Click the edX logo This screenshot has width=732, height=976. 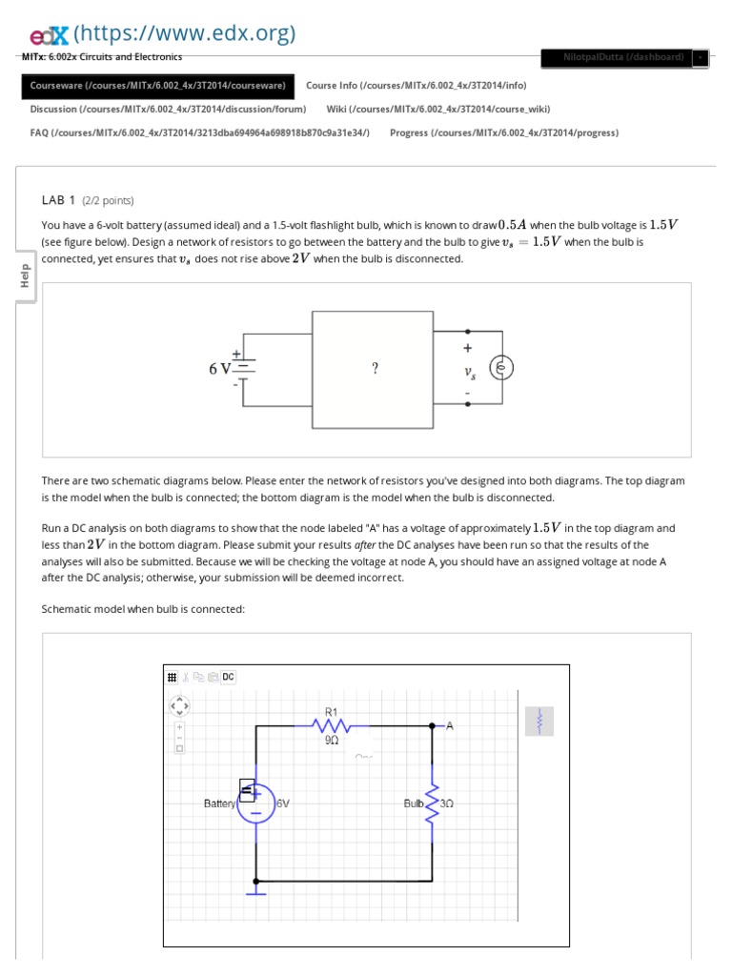tap(48, 35)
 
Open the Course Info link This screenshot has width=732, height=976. tap(416, 86)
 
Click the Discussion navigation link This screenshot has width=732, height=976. tap(168, 110)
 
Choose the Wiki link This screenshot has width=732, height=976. tap(437, 110)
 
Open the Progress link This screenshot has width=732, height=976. tap(503, 132)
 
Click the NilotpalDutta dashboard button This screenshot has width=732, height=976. tap(623, 57)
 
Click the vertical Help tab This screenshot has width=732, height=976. tap(25, 277)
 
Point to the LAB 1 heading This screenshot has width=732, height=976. tap(59, 200)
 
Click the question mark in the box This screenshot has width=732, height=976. tap(376, 369)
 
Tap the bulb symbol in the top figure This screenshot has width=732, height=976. tap(501, 368)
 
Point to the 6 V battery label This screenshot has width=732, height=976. tap(220, 369)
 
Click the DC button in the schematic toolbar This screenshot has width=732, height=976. tap(229, 677)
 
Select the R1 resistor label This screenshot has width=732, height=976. tap(332, 711)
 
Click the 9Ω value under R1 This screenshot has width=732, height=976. tap(332, 740)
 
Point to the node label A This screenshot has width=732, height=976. tap(450, 726)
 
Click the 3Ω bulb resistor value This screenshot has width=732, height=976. tap(448, 803)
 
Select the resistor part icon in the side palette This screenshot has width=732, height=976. tap(539, 721)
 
